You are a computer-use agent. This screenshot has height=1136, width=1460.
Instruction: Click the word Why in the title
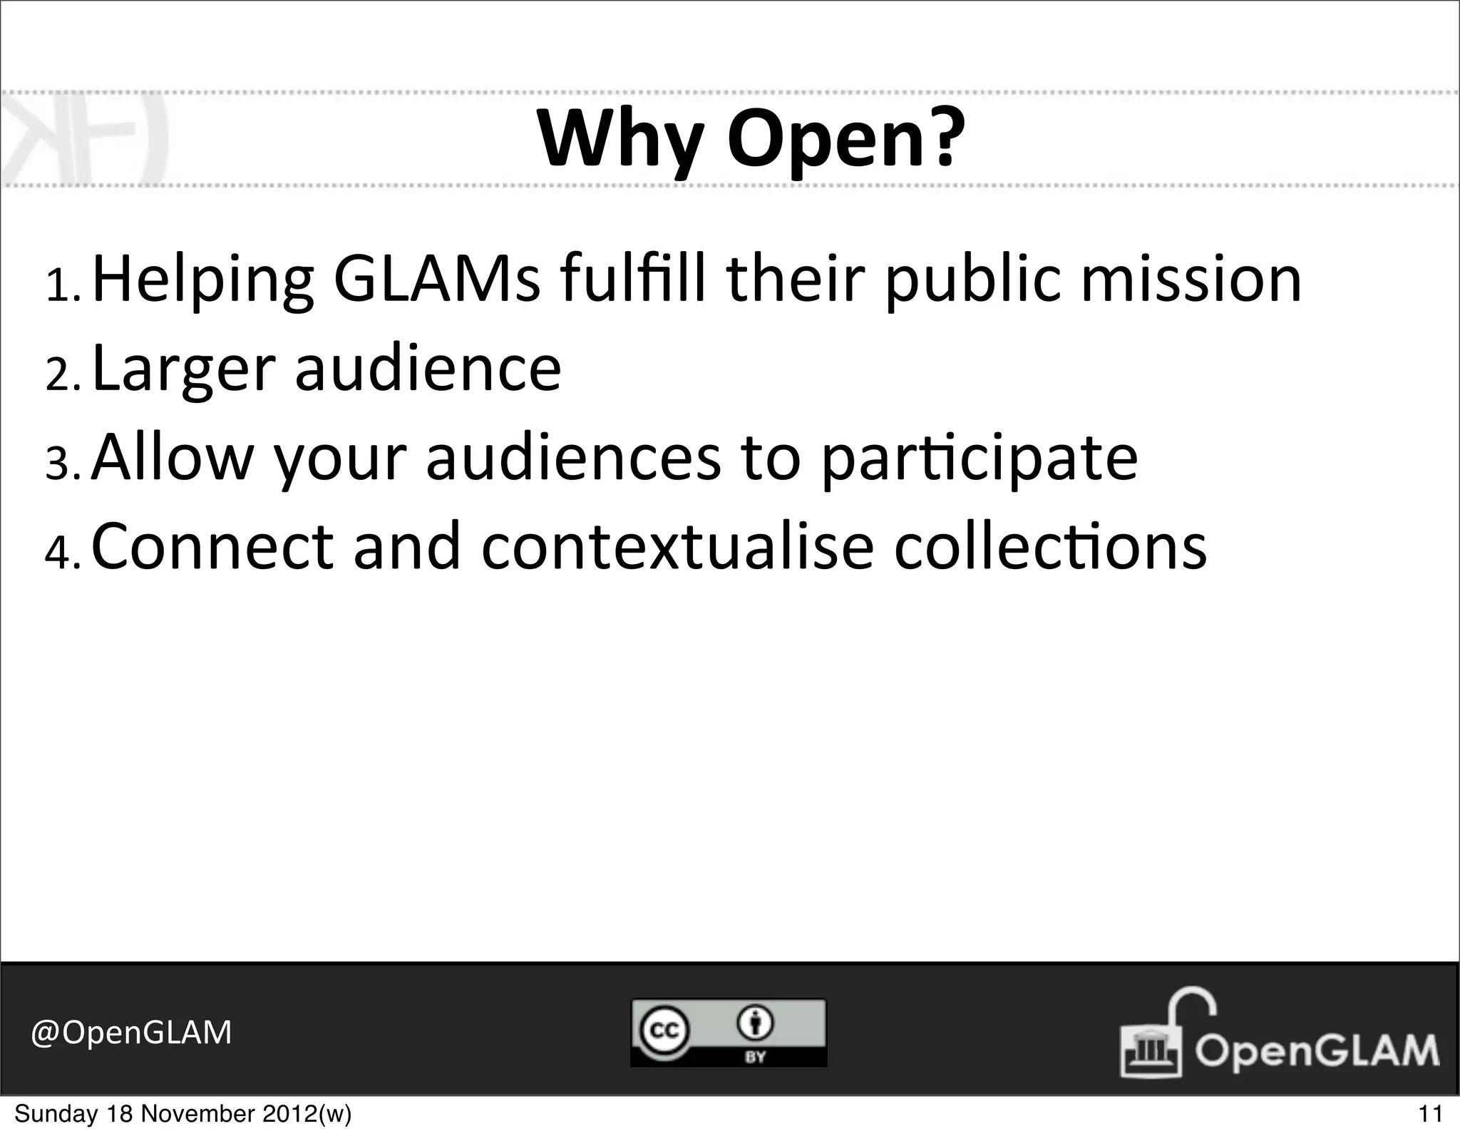(x=621, y=140)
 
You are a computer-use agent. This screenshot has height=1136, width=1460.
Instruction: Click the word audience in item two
(x=428, y=368)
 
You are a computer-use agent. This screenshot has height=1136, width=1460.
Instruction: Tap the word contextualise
(x=677, y=547)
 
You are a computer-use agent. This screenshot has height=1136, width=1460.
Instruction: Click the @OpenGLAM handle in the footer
(x=131, y=1032)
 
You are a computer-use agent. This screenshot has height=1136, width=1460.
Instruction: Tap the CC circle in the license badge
(x=662, y=1030)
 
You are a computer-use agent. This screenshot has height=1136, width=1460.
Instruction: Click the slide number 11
(x=1430, y=1113)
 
